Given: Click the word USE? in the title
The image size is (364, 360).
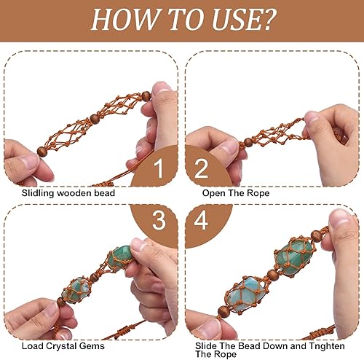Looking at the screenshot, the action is pos(244,20).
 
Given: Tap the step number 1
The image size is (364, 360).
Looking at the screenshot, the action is pos(159,169).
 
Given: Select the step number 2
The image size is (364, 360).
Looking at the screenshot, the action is pos(202,169).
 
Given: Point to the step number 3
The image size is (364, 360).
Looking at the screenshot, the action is pos(159,220).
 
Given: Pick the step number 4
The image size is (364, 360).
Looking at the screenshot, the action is pos(201,220).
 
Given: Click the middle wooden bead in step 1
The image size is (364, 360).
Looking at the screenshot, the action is pos(95,119).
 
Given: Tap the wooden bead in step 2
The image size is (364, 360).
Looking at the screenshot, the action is pos(248,142).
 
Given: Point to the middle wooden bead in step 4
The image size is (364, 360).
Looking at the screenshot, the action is pos(273,275).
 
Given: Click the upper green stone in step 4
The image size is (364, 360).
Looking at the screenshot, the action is pos(293,258).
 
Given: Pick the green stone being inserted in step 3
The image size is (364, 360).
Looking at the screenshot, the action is pos(120,257).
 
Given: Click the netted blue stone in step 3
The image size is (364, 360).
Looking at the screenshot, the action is pos(76,291).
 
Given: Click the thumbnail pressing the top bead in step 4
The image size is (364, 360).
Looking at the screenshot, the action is pos(339,217).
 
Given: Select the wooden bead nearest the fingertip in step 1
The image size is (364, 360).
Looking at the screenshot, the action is pos(146,96).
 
